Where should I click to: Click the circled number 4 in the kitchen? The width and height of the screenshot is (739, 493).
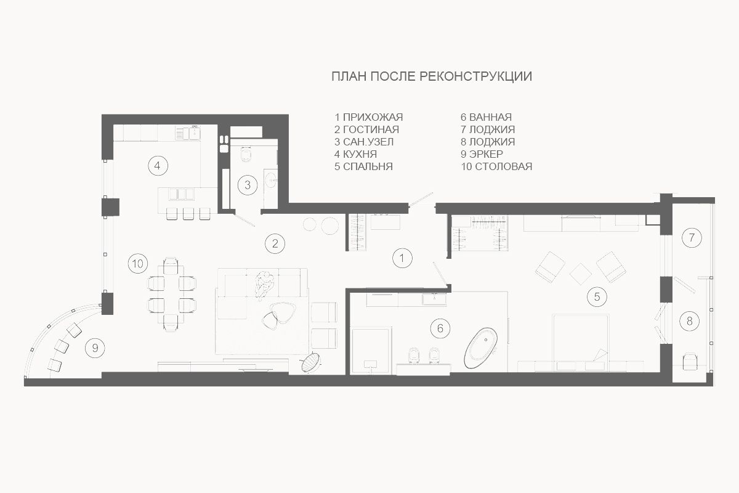158,165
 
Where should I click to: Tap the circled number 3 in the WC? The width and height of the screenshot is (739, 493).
248,185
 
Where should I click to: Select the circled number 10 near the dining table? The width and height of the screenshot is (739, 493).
138,264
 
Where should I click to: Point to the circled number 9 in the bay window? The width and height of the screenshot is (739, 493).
95,348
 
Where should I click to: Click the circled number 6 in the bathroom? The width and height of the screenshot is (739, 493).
440,328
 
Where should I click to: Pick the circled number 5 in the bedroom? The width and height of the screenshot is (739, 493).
597,296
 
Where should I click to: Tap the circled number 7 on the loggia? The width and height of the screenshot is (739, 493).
692,237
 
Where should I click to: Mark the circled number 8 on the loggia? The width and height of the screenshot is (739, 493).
689,321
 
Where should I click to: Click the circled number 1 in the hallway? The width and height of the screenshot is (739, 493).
402,258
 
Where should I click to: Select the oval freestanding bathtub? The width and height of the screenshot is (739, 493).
481,348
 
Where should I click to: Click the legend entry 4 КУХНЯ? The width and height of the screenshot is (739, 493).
355,154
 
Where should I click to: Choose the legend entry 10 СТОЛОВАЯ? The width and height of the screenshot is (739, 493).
496,166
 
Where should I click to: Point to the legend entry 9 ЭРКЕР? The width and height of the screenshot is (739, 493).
482,154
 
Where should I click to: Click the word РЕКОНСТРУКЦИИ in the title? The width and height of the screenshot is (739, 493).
475,76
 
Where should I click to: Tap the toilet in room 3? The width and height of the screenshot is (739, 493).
246,153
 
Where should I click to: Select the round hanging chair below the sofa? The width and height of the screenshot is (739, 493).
310,362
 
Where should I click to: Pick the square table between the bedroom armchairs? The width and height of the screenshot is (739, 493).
581,274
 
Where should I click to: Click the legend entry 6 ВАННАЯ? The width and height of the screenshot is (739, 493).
487,117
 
